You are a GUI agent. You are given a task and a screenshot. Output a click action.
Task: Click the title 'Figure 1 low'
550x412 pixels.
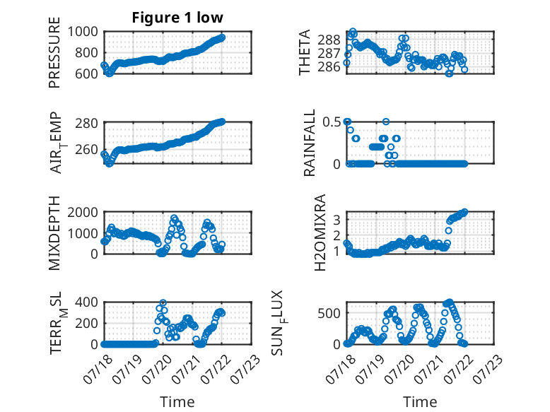[177, 18]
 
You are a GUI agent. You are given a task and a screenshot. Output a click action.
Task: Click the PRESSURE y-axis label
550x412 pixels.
[54, 52]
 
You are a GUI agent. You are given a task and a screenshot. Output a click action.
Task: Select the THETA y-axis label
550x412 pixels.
[305, 52]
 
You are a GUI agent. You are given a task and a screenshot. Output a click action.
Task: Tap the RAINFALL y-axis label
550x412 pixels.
[310, 143]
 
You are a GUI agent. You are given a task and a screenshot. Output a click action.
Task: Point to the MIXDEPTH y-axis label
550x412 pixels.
[54, 233]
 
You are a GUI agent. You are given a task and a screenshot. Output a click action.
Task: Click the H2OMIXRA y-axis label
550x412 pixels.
[320, 233]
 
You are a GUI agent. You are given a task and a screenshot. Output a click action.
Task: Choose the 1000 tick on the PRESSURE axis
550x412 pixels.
[83, 32]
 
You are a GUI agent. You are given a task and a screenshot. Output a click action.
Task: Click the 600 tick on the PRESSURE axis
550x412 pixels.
[86, 74]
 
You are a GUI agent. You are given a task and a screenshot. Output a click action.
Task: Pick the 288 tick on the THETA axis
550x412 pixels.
[329, 40]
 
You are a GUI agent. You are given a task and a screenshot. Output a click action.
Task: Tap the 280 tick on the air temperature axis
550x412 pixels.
[86, 124]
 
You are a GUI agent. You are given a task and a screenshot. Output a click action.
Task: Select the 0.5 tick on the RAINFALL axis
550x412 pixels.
[332, 122]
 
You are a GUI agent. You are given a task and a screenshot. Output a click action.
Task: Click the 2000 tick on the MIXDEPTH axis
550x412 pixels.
[83, 212]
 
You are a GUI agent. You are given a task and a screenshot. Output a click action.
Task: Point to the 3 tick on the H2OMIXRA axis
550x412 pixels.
[337, 220]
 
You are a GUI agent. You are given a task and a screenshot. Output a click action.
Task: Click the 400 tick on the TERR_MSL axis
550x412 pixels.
[86, 302]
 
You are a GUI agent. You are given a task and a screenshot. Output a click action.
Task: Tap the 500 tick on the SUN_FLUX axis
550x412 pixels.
[329, 313]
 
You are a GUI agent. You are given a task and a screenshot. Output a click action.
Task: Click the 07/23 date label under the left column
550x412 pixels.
[246, 369]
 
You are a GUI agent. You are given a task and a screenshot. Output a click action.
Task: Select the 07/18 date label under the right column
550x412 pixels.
[340, 369]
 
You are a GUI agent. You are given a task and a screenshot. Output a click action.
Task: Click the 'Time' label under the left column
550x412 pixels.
[177, 402]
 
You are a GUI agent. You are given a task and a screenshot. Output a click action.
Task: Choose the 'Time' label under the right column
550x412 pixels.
[420, 402]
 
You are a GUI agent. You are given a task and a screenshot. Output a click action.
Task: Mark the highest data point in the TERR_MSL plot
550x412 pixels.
[163, 302]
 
